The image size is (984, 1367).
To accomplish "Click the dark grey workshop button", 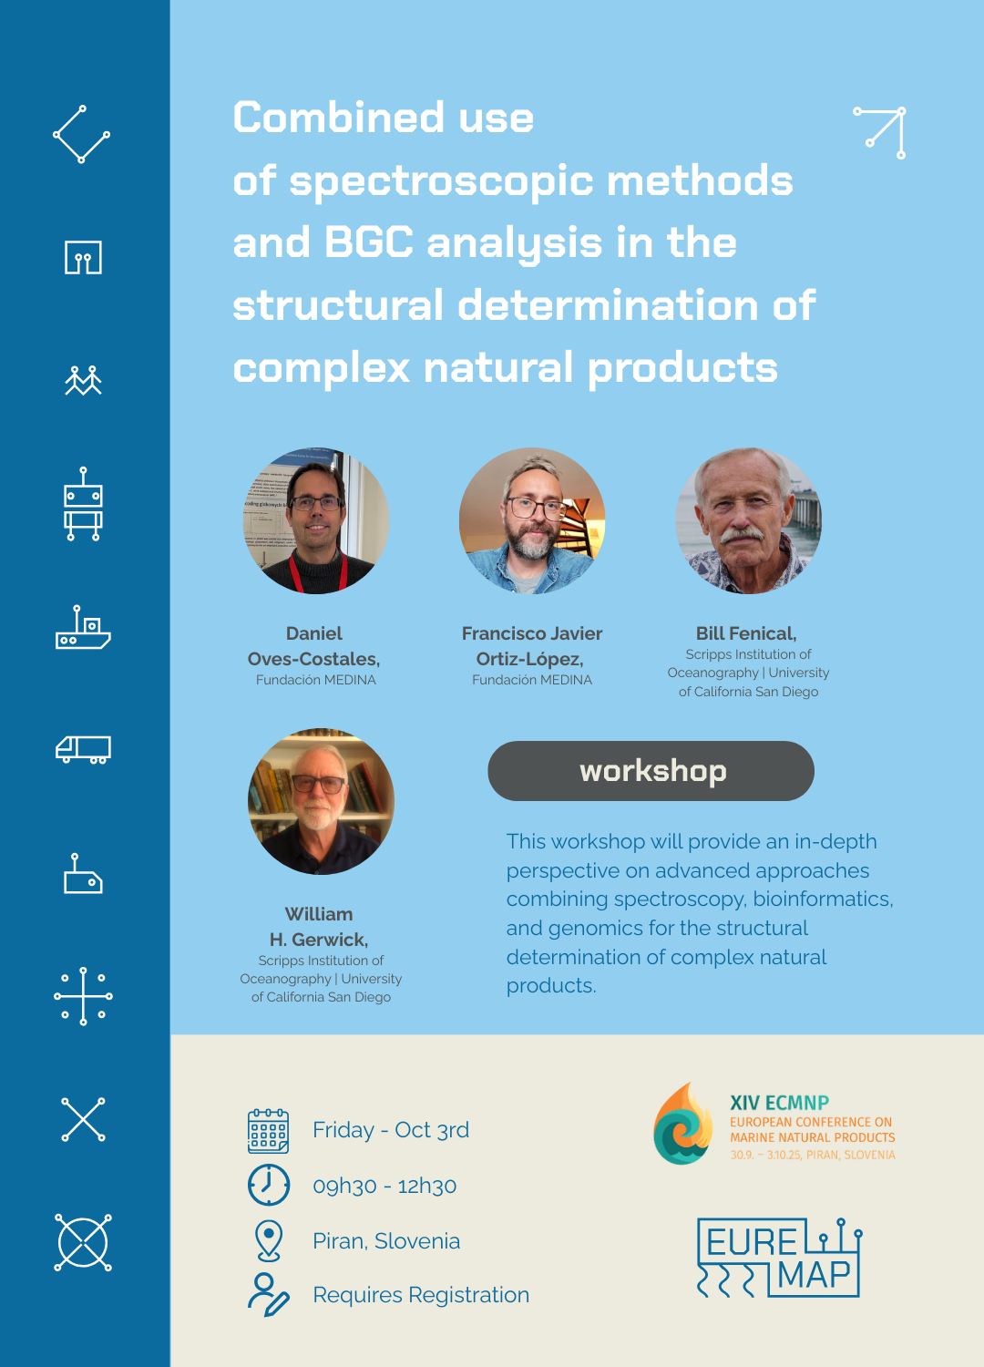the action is pos(651,771).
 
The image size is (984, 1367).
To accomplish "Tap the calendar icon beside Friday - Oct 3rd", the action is pos(269,1131).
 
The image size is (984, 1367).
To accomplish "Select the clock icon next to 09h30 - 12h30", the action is pos(269,1185).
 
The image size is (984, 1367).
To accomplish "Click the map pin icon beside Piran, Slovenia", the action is pos(269,1240).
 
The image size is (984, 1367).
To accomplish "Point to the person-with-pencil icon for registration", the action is pos(269,1294).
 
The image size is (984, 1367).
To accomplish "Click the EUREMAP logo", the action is pos(779,1258).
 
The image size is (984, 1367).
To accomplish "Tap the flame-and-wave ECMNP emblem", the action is pos(683,1124).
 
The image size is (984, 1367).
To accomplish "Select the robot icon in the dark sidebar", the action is pos(83,504).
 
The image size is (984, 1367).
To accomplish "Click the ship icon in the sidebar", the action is pos(83,627).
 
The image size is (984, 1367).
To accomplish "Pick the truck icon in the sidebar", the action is pos(83,750).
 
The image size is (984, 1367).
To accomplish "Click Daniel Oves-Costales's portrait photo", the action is pos(316,520).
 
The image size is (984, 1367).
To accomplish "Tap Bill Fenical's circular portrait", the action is pos(749,520).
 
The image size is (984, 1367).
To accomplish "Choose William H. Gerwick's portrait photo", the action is pos(321,801).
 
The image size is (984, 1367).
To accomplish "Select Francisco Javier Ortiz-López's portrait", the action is pos(532,520).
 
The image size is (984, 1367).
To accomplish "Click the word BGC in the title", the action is pos(369,242).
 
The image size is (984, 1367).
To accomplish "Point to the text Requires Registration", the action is pos(421,1295).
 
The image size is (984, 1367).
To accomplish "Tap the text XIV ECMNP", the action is pos(780,1103).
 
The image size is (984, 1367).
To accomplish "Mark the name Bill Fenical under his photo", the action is pos(746,633).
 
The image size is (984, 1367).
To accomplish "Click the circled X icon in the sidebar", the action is pos(83,1242).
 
